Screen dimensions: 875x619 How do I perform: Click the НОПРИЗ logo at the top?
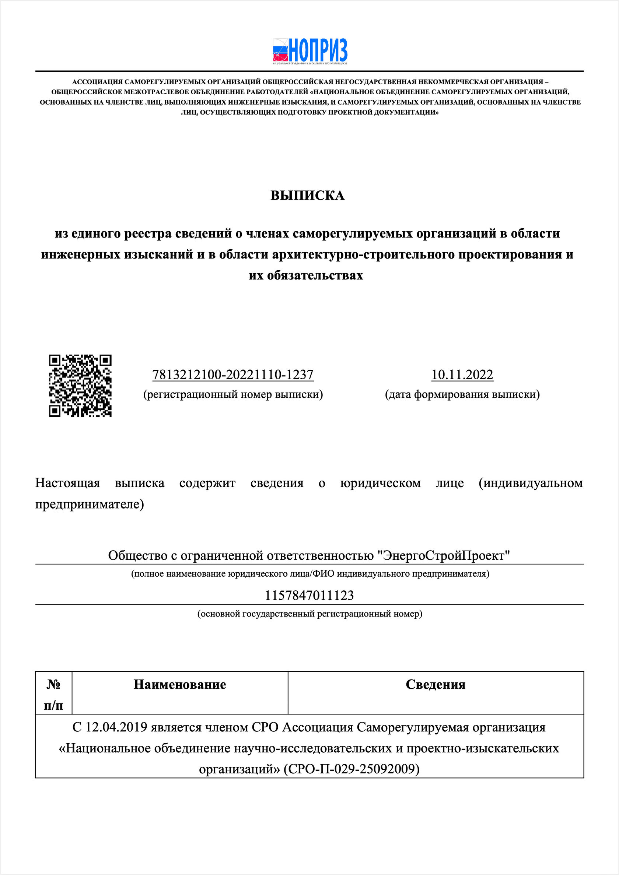310,51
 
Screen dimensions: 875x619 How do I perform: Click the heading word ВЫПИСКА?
307,196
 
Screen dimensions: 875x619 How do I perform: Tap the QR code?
80,386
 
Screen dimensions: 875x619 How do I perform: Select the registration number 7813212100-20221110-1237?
232,375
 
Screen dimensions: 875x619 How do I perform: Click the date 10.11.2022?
462,375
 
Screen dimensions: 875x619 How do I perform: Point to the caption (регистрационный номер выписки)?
232,394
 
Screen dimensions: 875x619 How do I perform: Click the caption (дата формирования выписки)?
462,394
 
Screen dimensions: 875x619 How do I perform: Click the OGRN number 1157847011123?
309,595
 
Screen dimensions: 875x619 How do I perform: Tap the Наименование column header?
180,685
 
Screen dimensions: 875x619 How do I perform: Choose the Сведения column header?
436,685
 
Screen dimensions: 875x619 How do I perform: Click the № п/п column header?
53,695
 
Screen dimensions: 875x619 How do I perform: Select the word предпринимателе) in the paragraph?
90,504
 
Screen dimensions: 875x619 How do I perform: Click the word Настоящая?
67,483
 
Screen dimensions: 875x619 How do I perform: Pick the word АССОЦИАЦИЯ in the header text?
98,82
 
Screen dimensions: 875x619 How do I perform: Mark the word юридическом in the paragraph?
380,483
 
